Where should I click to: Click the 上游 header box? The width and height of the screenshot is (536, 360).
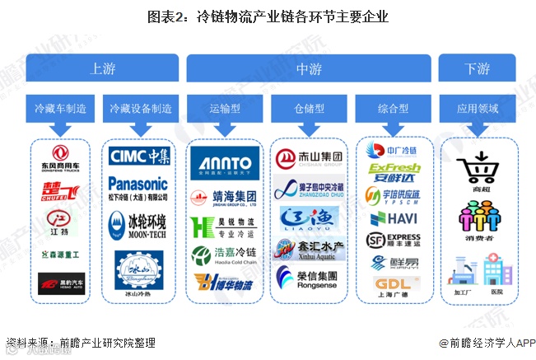coord(103,68)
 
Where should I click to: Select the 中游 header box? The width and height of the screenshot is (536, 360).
coord(309,68)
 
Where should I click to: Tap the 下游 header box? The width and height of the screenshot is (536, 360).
coord(476,68)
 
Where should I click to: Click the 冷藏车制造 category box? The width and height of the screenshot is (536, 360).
coord(60,109)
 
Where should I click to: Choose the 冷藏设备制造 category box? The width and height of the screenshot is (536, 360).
coord(141,109)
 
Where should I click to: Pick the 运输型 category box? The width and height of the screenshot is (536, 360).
coord(225,109)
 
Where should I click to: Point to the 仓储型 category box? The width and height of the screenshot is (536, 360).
coord(309,109)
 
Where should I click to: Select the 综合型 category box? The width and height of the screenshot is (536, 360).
coord(393,109)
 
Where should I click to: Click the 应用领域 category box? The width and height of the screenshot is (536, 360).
coord(477,109)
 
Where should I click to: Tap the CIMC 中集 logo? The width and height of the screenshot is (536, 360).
coord(140,156)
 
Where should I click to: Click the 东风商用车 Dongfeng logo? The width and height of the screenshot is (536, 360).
coord(59,158)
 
